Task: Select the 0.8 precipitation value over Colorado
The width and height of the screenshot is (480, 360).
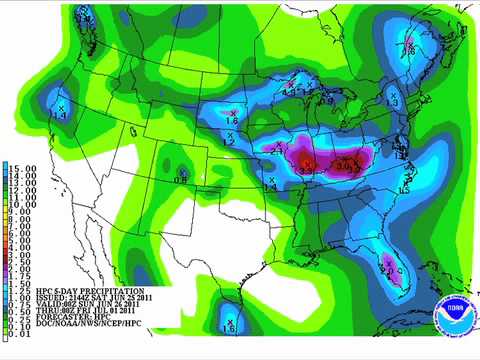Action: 181,178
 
